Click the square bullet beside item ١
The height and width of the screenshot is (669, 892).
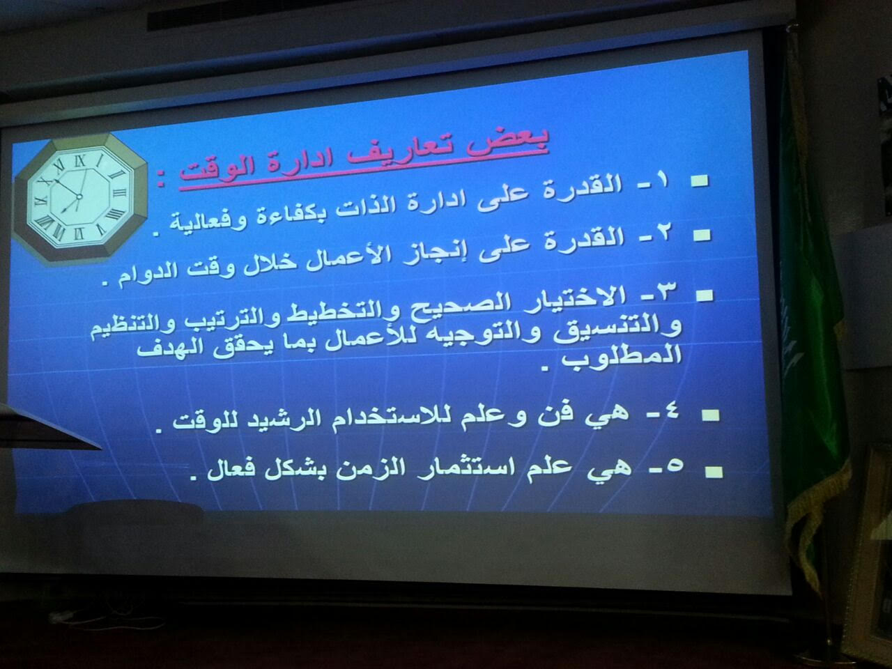[700, 180]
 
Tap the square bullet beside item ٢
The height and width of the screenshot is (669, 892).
[702, 235]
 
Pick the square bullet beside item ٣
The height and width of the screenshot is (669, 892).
[705, 295]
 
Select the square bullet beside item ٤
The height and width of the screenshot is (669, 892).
[711, 415]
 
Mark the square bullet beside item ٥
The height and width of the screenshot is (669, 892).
[714, 472]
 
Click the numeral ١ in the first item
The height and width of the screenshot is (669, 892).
[662, 183]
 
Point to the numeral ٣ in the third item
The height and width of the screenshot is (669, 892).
[664, 289]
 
